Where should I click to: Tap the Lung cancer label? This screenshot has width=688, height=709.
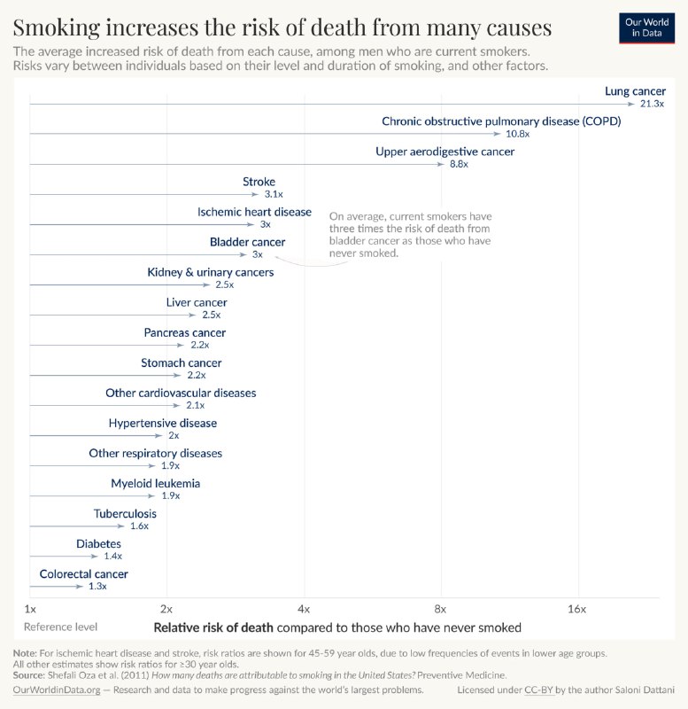(635, 91)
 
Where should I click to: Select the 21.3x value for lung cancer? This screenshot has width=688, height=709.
(652, 105)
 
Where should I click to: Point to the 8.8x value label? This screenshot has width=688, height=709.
(459, 165)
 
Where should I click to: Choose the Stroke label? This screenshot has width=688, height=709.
(259, 182)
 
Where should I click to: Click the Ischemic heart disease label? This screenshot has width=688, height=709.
(254, 212)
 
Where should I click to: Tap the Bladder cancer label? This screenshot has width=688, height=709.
(247, 242)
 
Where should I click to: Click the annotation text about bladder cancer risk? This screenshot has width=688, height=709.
(409, 235)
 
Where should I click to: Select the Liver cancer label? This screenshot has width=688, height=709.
(197, 302)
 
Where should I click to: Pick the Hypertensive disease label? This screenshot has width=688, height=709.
(162, 423)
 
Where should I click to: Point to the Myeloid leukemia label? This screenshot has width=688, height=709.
(155, 483)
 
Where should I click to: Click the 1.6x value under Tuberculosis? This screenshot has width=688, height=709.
(139, 526)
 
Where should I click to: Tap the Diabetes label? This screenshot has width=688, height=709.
(99, 543)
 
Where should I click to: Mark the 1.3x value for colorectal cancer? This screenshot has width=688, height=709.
(97, 587)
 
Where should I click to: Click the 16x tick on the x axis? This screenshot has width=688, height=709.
(577, 610)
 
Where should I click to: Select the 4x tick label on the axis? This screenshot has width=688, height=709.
(304, 610)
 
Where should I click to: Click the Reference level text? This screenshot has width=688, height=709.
(60, 627)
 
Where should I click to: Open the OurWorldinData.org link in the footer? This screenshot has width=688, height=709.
(57, 690)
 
